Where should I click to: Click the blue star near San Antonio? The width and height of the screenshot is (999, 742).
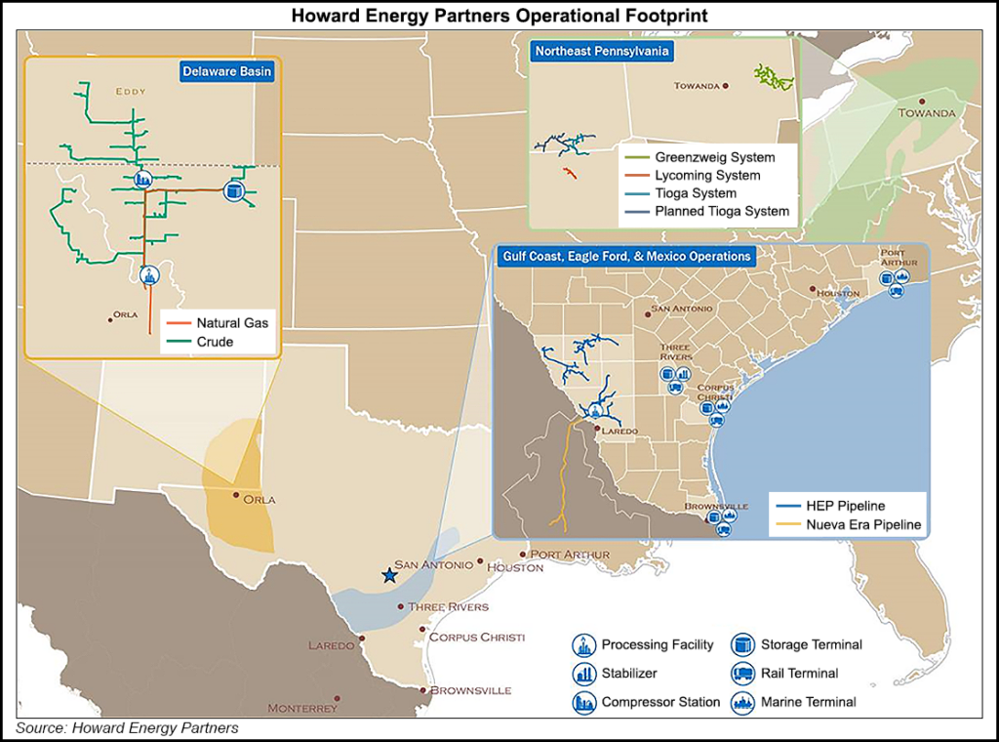pyautogui.click(x=390, y=576)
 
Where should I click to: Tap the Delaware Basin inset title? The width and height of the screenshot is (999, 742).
pyautogui.click(x=226, y=71)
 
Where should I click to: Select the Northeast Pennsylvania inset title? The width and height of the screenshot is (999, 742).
pyautogui.click(x=602, y=51)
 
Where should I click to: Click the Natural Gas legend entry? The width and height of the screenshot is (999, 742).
pyautogui.click(x=232, y=323)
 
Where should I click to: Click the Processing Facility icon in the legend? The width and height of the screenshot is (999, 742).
pyautogui.click(x=583, y=644)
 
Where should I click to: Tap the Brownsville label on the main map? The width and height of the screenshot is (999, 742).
pyautogui.click(x=470, y=690)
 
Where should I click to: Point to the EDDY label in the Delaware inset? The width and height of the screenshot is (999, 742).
pyautogui.click(x=130, y=92)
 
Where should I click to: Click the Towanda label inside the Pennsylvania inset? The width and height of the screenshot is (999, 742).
pyautogui.click(x=698, y=86)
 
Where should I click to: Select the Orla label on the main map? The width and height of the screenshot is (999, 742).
pyautogui.click(x=259, y=500)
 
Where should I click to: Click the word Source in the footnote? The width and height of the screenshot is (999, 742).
pyautogui.click(x=39, y=728)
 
